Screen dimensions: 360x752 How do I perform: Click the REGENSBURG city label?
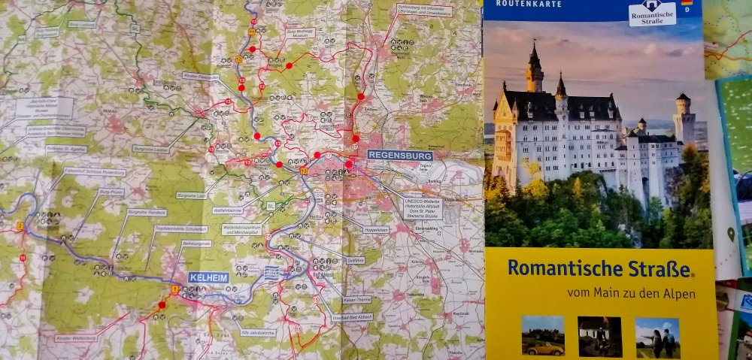(x=400, y=154)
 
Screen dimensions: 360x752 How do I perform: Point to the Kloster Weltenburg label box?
(x=76, y=338)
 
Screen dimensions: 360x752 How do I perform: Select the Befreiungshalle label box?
(x=192, y=245)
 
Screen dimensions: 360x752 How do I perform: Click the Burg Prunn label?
(x=111, y=192)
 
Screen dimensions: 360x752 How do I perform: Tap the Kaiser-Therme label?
(x=357, y=301)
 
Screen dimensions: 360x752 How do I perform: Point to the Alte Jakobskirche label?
(x=258, y=331)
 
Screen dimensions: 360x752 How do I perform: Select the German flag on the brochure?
(x=687, y=3)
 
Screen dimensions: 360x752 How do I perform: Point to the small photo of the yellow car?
(x=543, y=335)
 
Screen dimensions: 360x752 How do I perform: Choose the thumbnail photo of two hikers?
(x=657, y=337)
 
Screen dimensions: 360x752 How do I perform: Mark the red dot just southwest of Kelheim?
(x=162, y=305)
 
